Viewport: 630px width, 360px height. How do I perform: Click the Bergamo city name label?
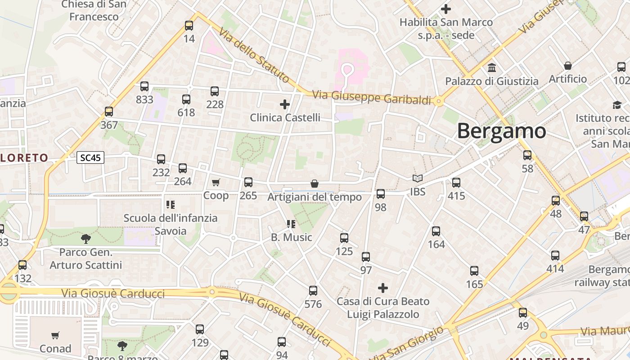pos(501,131)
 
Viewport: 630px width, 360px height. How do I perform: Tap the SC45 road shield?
pos(90,157)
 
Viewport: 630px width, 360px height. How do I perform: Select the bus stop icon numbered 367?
pos(109,112)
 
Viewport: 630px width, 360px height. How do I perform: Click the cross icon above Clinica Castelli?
pos(285,104)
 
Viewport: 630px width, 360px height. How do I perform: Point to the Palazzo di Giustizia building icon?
pos(492,68)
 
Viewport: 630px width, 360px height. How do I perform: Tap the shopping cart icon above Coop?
pos(216,182)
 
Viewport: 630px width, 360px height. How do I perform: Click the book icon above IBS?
pos(418,179)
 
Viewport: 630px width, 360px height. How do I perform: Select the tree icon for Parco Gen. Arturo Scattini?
pos(85,239)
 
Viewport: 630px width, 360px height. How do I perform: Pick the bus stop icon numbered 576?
pos(313,291)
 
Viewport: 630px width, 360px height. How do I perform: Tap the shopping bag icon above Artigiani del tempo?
pos(315,184)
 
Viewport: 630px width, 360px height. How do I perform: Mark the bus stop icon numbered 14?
pos(189,26)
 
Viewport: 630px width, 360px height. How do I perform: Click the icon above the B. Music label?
pos(291,224)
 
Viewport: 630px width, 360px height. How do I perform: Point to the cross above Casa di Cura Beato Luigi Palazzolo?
pos(383,288)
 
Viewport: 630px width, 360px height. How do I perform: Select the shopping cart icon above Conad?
pos(55,335)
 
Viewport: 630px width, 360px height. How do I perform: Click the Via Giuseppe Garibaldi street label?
pos(372,98)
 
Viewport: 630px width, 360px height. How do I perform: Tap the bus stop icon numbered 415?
pos(456,183)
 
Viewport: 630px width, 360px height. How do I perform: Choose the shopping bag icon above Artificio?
pos(568,66)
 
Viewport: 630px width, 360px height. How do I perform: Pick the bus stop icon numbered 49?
pos(522,313)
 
